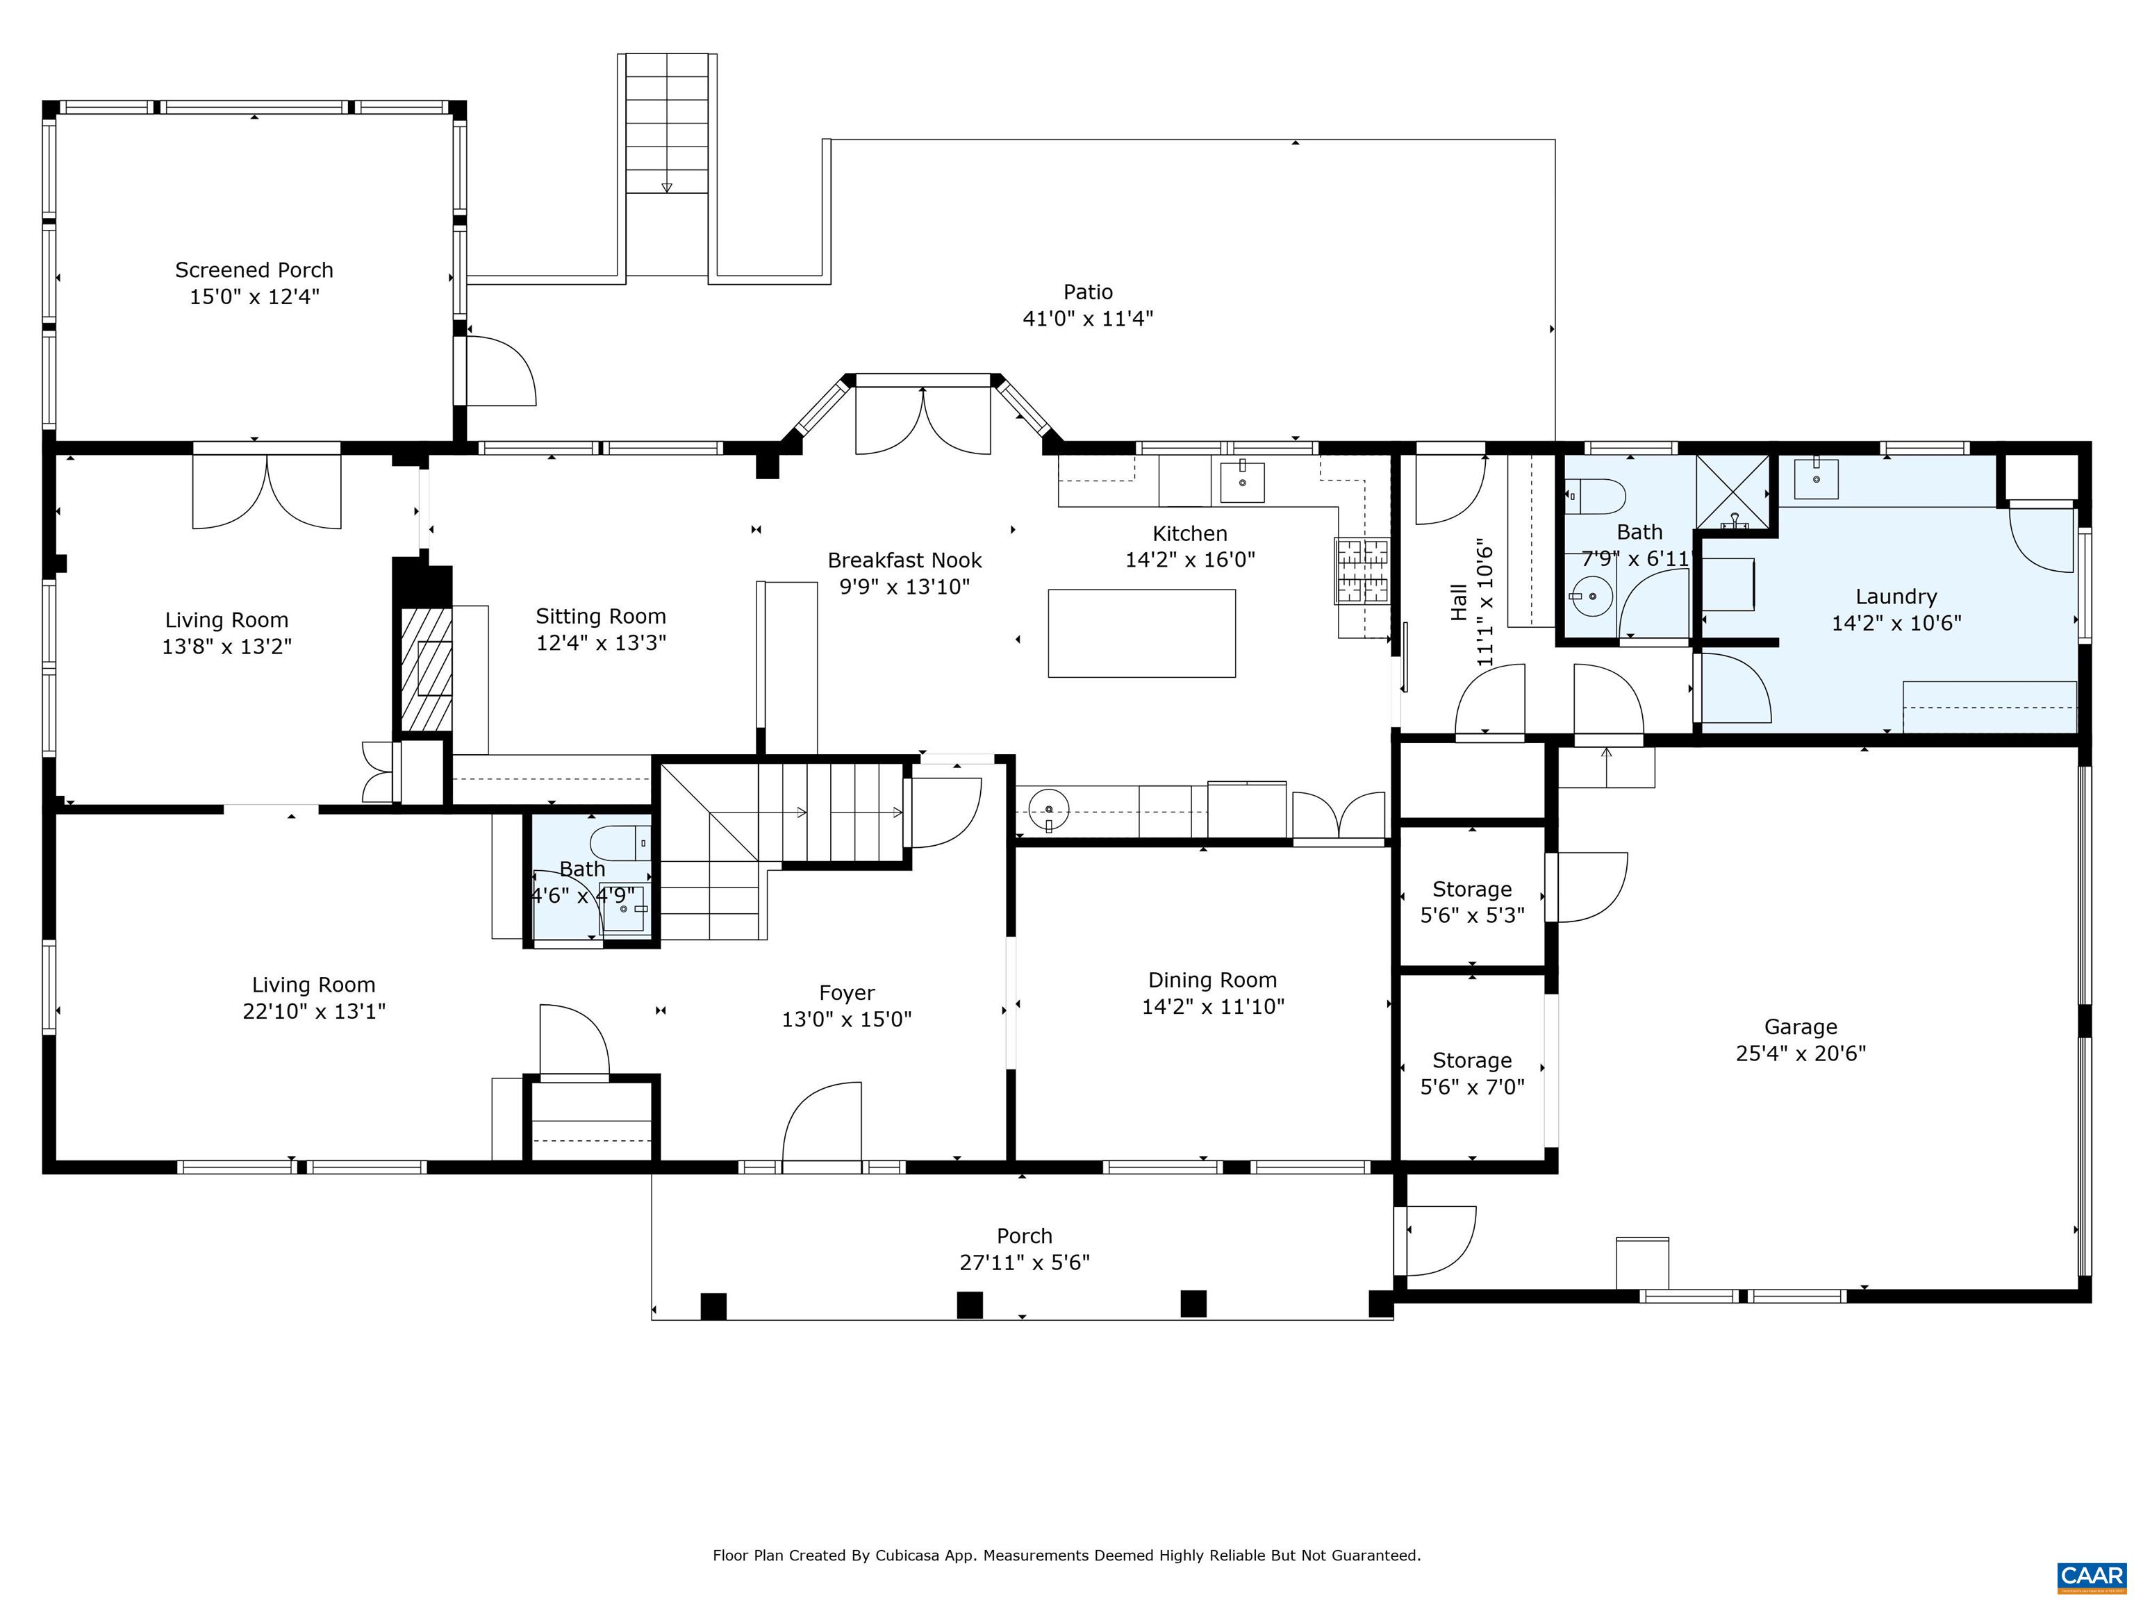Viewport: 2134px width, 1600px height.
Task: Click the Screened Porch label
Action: [254, 270]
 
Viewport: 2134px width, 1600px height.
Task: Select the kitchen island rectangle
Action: [1141, 633]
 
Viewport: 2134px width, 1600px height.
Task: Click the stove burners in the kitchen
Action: [1362, 570]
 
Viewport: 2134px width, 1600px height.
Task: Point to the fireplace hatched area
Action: [425, 668]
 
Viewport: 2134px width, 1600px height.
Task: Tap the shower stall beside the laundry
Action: [1734, 494]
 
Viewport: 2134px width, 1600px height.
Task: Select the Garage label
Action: [1800, 1027]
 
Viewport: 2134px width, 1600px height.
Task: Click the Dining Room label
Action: [1211, 980]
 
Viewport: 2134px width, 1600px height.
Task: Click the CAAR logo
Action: [2091, 1575]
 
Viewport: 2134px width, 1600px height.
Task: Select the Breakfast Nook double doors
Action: [923, 419]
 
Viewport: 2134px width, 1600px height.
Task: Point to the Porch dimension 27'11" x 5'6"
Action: [1024, 1262]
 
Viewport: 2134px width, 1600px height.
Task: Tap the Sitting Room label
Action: [600, 616]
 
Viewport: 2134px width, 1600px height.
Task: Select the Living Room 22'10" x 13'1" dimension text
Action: [313, 1010]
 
